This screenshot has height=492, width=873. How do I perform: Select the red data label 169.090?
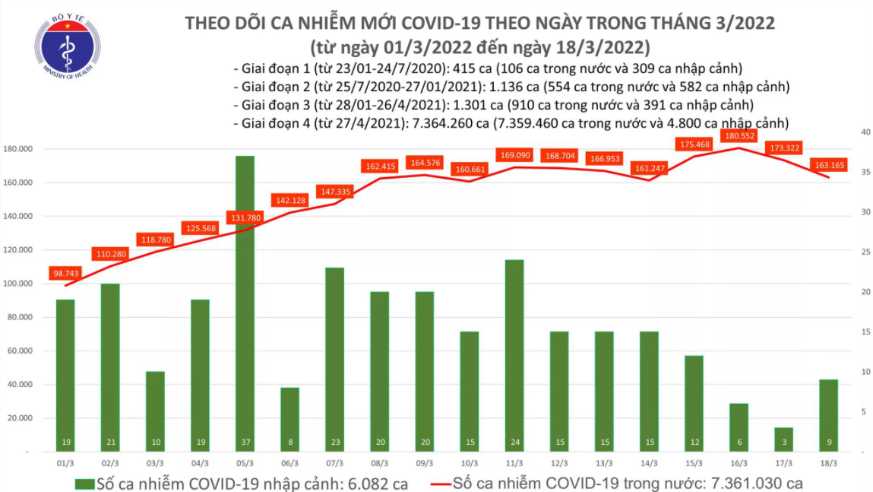click(x=514, y=155)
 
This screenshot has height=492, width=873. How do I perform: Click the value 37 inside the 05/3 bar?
click(x=245, y=442)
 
